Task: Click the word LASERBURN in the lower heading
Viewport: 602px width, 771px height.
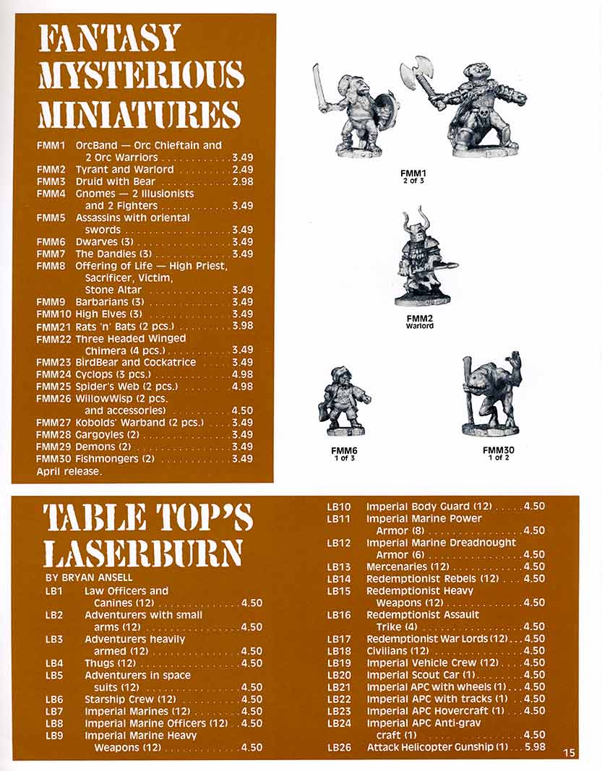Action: click(x=142, y=554)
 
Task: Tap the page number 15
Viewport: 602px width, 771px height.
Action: click(x=569, y=753)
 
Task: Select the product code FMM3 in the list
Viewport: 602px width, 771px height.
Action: click(x=51, y=181)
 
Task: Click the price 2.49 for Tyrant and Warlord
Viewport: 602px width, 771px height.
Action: click(x=242, y=169)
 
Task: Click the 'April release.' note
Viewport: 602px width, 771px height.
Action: click(x=69, y=471)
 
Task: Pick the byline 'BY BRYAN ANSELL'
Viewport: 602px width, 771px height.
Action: click(x=90, y=577)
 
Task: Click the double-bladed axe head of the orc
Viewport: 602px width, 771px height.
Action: click(x=417, y=73)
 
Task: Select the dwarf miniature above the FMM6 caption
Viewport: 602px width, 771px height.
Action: click(x=344, y=401)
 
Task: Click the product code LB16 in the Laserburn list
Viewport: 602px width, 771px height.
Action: click(x=339, y=615)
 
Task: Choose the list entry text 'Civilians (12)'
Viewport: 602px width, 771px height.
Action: click(x=399, y=651)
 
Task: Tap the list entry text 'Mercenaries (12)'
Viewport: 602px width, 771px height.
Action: click(x=408, y=567)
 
